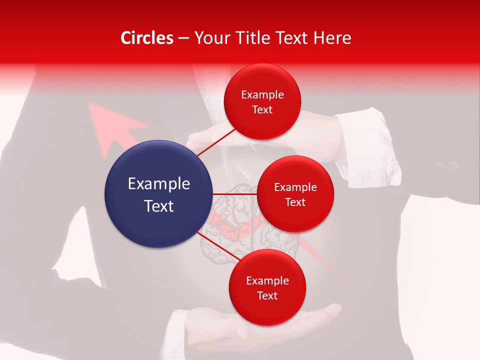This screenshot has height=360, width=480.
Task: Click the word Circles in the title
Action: (x=146, y=38)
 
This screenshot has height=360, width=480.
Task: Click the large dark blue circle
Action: (x=158, y=194)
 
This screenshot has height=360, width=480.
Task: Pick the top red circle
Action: (x=262, y=101)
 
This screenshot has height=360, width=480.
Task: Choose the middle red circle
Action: (x=295, y=194)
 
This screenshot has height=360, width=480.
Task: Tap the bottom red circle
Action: (x=267, y=287)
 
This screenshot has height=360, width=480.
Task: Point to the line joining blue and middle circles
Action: (x=234, y=194)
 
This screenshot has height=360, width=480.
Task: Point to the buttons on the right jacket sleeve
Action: (x=440, y=166)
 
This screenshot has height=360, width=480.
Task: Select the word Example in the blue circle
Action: (x=158, y=184)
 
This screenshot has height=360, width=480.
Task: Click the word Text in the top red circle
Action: (x=262, y=109)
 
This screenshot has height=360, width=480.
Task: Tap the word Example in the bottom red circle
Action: (x=267, y=280)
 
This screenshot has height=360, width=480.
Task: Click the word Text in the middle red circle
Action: (x=295, y=202)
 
